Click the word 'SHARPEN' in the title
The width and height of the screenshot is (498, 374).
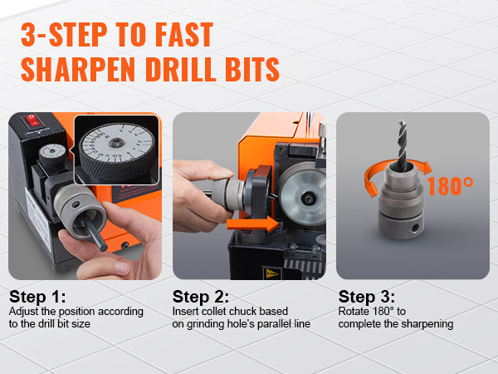80,69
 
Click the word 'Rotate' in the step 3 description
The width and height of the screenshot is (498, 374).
354,312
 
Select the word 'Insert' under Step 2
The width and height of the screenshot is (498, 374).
187,312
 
